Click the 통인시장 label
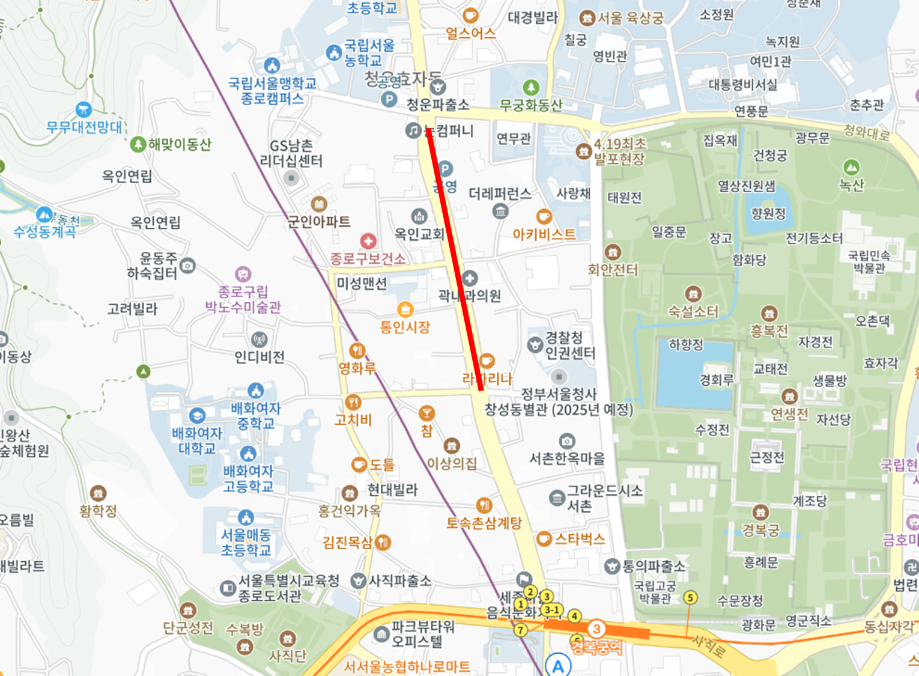(x=405, y=327)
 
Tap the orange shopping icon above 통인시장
(x=405, y=309)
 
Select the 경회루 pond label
(x=717, y=380)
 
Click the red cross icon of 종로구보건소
(x=368, y=242)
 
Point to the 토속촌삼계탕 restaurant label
(x=484, y=523)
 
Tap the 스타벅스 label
(x=579, y=539)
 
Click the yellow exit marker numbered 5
(x=690, y=597)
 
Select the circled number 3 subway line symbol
(x=596, y=629)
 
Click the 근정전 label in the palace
(x=767, y=457)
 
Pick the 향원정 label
(x=768, y=213)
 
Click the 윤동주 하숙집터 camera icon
(x=188, y=265)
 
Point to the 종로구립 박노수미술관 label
(x=243, y=299)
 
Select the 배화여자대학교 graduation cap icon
(x=197, y=416)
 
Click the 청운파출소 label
(x=438, y=105)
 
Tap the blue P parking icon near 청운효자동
(x=389, y=99)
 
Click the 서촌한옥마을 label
(x=566, y=458)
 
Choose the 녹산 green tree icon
(x=851, y=167)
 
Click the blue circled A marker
(x=558, y=666)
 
